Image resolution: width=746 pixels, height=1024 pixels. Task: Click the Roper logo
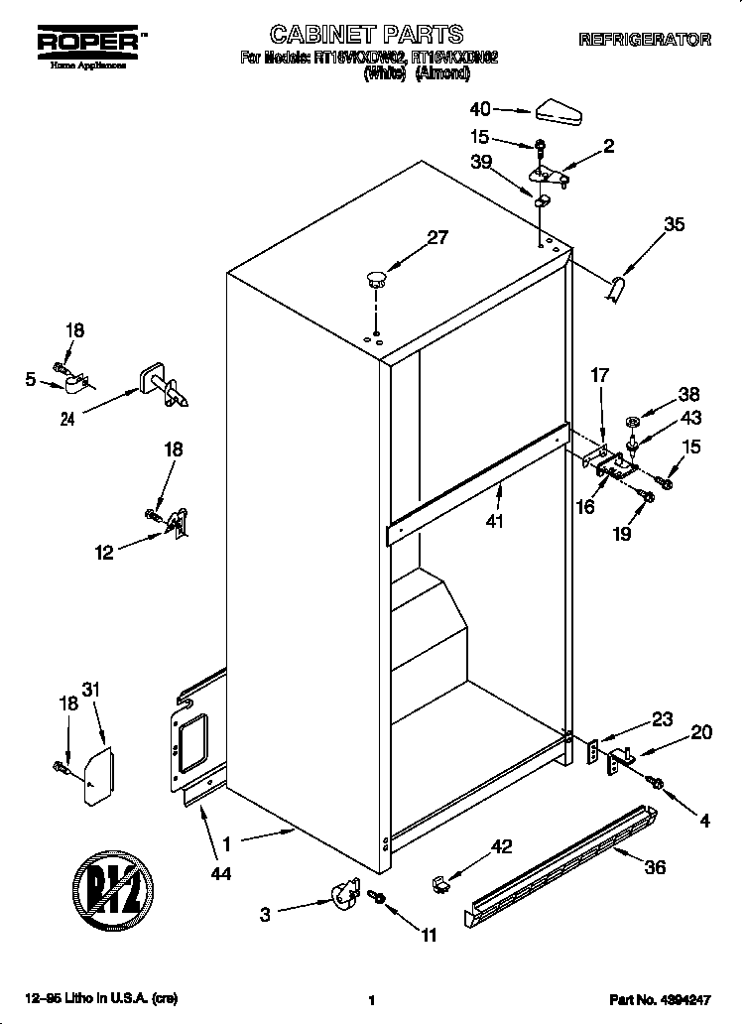pos(88,45)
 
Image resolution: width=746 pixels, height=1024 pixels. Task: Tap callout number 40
pos(480,110)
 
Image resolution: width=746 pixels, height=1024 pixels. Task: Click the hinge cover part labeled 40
pos(559,113)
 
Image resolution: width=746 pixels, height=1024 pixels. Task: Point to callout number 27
pos(436,238)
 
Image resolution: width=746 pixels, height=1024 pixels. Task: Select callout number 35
pos(674,225)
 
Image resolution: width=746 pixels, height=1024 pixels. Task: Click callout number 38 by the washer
pos(688,394)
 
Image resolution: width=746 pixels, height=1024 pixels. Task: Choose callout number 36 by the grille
pos(654,866)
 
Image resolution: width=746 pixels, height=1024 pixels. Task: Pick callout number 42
pos(502,846)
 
